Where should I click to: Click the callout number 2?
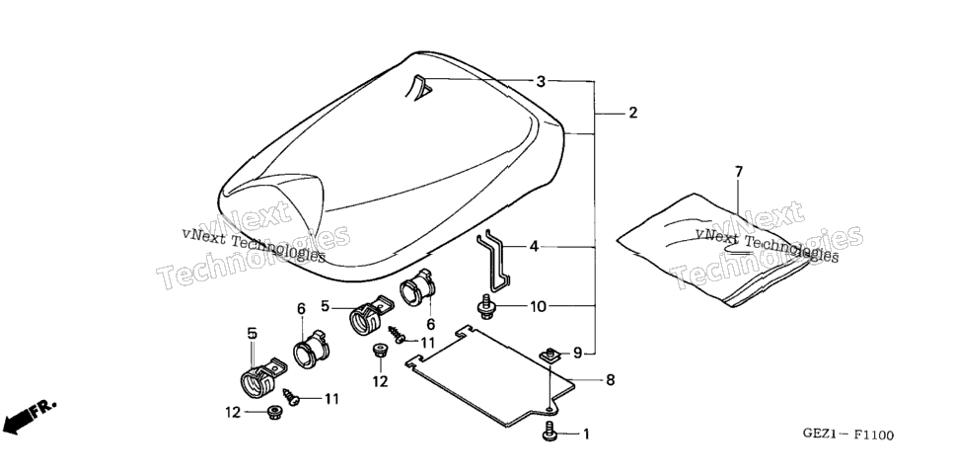pos(632,113)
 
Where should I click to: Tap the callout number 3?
pos(541,81)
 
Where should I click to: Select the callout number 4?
pos(534,247)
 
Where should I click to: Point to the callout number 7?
pos(739,172)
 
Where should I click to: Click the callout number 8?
pos(611,380)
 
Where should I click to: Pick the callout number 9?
pos(577,352)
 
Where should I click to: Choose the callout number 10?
pos(538,307)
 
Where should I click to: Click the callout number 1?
pos(586,435)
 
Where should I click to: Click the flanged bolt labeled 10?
pos(486,306)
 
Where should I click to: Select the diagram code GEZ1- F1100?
pos(847,435)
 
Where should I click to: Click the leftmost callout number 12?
pos(234,412)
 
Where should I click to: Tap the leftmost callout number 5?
pos(253,333)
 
